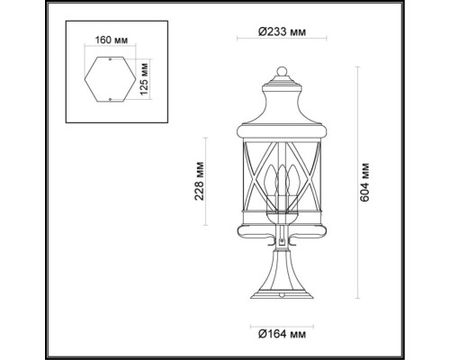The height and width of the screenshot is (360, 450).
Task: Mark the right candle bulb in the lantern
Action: pos(290,183)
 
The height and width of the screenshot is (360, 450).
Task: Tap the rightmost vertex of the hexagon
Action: pos(134,79)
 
